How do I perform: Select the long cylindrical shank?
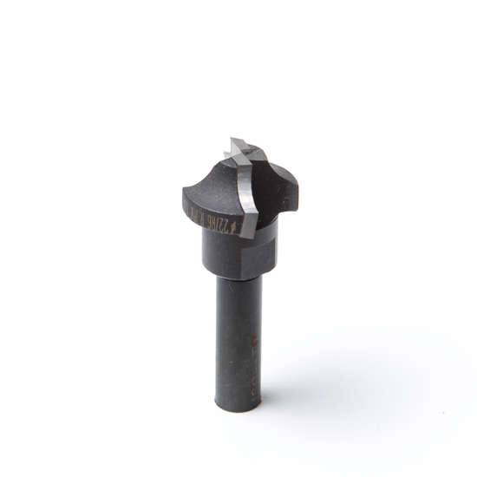click(x=238, y=338)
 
